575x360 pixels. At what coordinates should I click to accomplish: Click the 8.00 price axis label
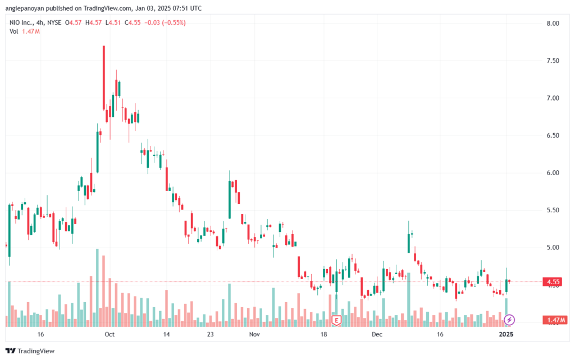click(553, 24)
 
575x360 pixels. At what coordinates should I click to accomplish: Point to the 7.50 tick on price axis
click(553, 61)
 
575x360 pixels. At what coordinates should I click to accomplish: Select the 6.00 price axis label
click(553, 173)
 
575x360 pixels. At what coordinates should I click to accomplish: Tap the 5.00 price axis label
click(553, 248)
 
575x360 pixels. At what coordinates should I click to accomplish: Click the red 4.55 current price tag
click(553, 282)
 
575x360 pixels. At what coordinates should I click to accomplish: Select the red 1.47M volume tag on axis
click(555, 321)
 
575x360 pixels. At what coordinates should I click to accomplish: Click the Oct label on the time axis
click(109, 334)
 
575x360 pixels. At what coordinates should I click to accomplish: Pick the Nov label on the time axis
click(254, 334)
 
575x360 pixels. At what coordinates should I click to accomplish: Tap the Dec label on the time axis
click(377, 334)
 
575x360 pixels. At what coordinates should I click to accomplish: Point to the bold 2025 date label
click(506, 334)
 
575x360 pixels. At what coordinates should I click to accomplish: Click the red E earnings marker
click(336, 321)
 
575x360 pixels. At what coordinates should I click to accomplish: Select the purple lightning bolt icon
click(509, 320)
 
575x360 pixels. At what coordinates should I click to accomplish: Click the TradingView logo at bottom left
click(30, 351)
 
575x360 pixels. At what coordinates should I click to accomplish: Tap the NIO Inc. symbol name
click(21, 22)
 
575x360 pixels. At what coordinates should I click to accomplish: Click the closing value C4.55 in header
click(133, 22)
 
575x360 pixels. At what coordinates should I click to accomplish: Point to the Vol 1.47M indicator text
click(25, 31)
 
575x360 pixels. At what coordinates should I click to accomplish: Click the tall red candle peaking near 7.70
click(104, 78)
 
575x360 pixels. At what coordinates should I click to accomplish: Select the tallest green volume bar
click(97, 288)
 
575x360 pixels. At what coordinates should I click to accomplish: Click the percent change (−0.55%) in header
click(174, 22)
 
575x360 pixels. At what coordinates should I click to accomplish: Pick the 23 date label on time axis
click(210, 334)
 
